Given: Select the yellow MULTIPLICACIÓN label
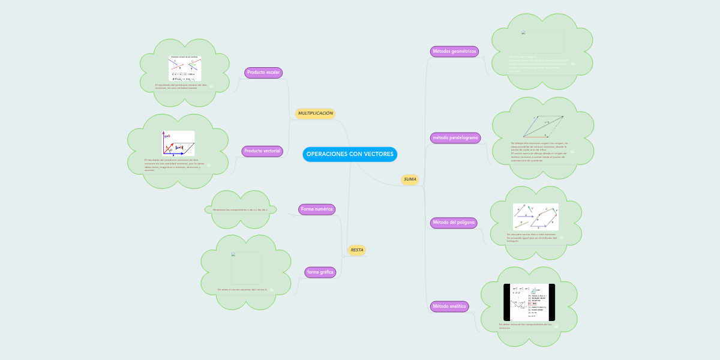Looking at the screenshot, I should click(x=315, y=113).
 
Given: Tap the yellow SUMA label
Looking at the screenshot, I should click(x=410, y=179).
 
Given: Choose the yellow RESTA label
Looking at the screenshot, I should click(x=356, y=250).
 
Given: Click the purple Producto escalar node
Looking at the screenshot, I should click(x=263, y=73).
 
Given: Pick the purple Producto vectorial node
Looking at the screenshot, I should click(x=263, y=151).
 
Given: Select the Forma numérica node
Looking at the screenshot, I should click(x=317, y=209).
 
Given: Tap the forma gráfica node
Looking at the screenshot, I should click(x=320, y=272).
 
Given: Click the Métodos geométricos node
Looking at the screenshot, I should click(x=454, y=52).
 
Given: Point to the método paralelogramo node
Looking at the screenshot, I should click(x=455, y=138).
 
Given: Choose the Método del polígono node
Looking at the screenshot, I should click(x=454, y=223).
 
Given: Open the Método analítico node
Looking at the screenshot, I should click(x=449, y=307).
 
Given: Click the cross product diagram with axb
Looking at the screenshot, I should click(x=178, y=143).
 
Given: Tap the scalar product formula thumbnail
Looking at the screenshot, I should click(x=185, y=68).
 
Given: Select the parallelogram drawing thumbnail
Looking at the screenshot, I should click(x=544, y=126).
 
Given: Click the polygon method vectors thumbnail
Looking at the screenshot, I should click(x=535, y=217).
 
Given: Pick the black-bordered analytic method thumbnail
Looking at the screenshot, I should click(x=529, y=302).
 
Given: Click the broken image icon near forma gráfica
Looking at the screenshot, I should click(x=234, y=255).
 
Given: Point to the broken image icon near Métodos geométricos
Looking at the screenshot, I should click(x=524, y=33).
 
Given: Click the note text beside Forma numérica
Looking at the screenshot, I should click(x=240, y=209).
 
